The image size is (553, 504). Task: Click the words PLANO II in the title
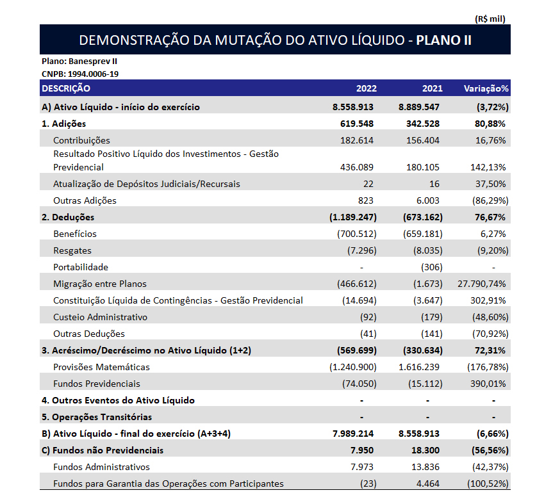[x=443, y=40]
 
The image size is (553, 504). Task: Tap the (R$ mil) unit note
[x=490, y=19]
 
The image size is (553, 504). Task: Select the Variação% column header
[x=486, y=88]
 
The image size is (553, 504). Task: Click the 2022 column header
[x=367, y=88]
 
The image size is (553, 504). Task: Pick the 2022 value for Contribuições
[x=358, y=140]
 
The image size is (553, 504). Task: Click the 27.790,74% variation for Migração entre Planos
[x=483, y=284]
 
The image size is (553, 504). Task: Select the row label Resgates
[x=72, y=250]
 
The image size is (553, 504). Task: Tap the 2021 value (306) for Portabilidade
[x=431, y=267]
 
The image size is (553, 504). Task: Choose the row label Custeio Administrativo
[x=100, y=317]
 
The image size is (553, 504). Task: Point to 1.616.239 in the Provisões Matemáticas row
[x=420, y=367]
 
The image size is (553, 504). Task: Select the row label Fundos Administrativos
[x=101, y=467]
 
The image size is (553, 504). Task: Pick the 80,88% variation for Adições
[x=490, y=124]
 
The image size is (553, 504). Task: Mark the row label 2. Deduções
[x=68, y=217]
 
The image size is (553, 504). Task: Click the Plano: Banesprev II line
[x=79, y=61]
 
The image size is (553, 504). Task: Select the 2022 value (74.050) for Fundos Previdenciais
[x=359, y=384]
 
